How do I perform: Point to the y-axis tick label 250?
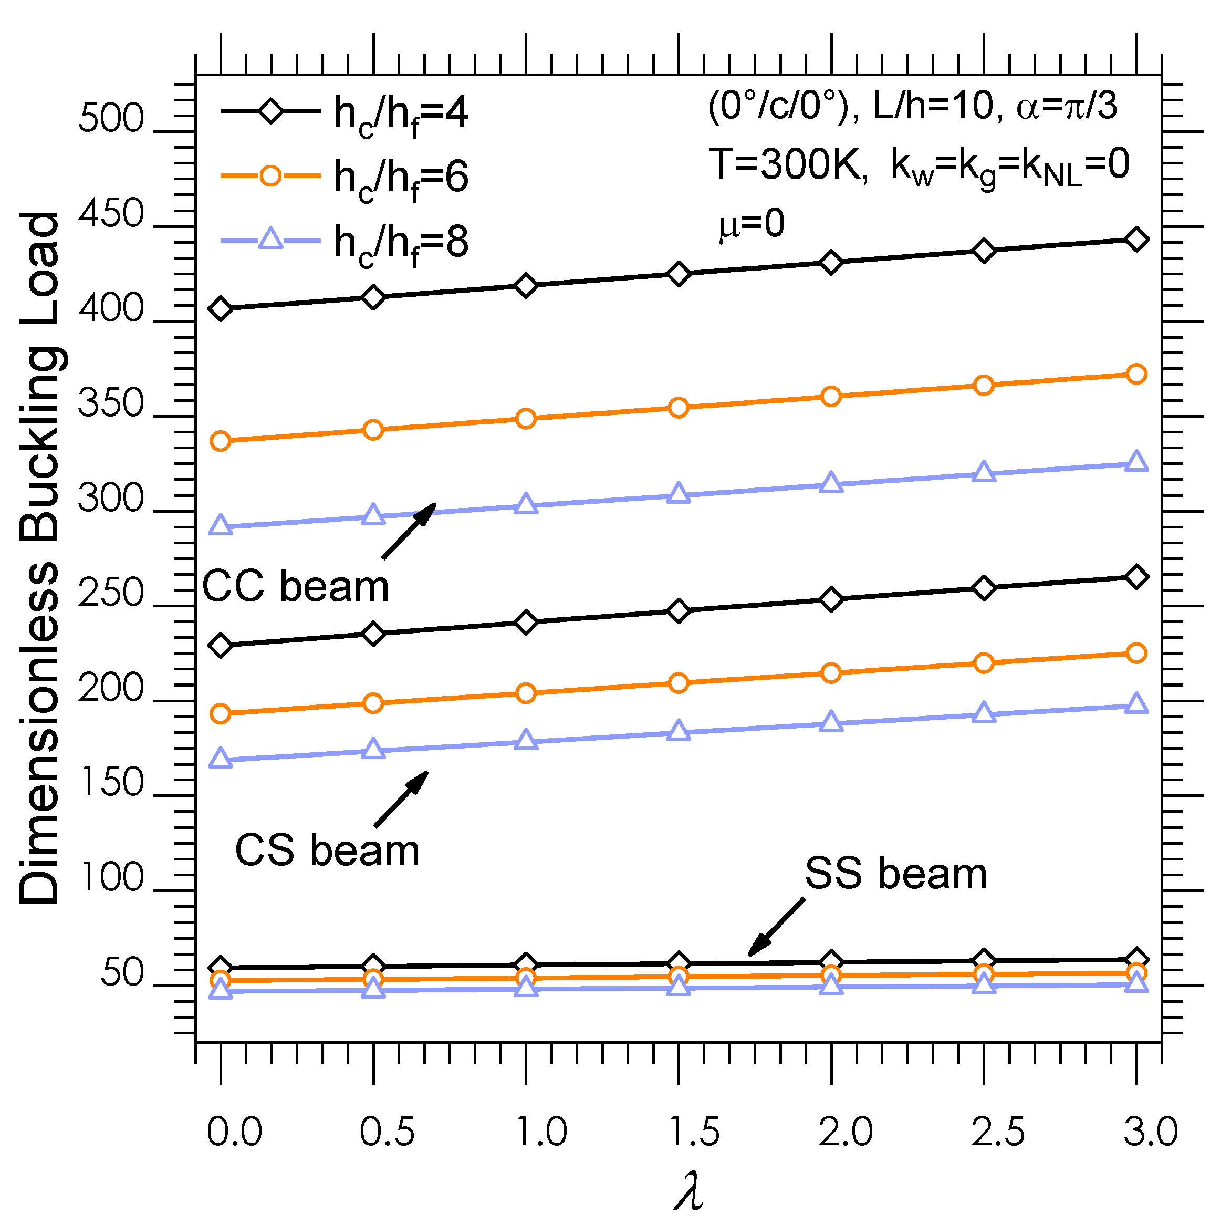click(111, 593)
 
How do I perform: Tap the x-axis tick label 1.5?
click(694, 1132)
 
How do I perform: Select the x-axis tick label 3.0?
click(1151, 1132)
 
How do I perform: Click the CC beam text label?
click(295, 586)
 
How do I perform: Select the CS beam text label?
click(327, 850)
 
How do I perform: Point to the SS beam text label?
click(895, 874)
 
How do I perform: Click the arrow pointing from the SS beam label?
click(776, 928)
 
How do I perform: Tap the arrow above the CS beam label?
click(401, 800)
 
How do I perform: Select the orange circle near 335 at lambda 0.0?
click(221, 441)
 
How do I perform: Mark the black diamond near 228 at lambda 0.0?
click(221, 646)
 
